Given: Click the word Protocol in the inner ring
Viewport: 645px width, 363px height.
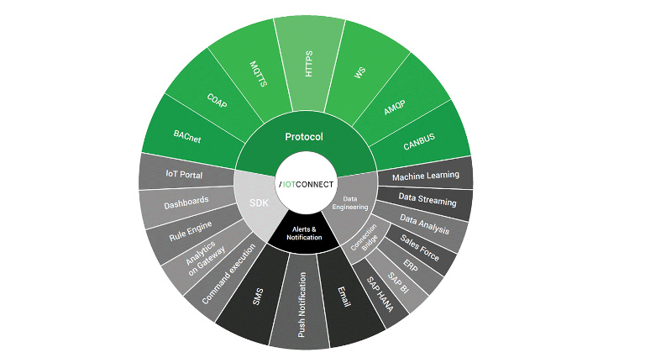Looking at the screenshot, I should point(304,137).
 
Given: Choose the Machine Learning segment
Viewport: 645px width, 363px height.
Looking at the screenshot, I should point(426,175).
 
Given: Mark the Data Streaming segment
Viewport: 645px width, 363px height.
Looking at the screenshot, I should point(427,201).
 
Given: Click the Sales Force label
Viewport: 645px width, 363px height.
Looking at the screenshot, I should point(418,248).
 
